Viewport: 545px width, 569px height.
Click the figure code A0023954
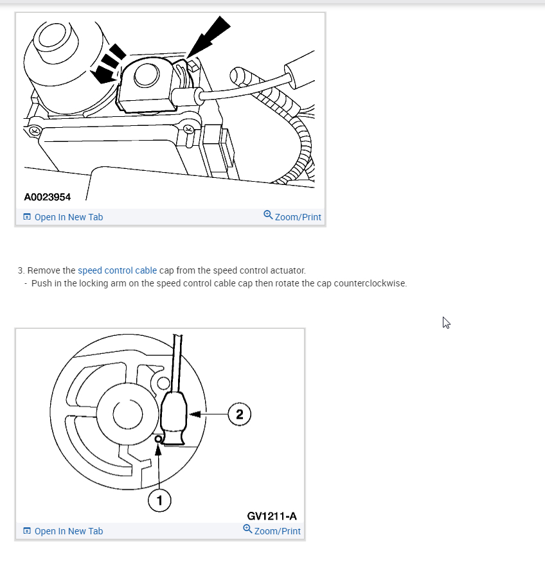pos(48,197)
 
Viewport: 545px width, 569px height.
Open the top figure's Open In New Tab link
pos(68,217)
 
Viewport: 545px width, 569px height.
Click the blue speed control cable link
pos(117,270)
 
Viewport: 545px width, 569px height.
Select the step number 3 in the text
pos(21,270)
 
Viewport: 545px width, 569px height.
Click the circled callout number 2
pos(240,414)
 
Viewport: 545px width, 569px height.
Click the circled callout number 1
pos(159,500)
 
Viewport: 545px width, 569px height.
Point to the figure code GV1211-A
pos(272,516)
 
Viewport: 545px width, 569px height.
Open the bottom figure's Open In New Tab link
pos(68,531)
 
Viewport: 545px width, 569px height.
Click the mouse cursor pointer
pos(446,322)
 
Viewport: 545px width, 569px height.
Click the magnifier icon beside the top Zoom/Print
pos(268,215)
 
